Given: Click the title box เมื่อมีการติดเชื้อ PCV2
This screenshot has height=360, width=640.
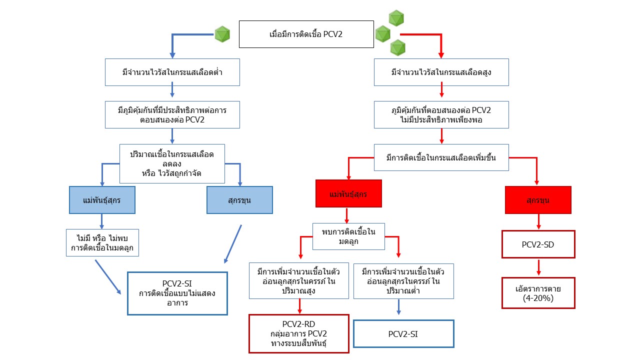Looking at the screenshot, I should point(306,34).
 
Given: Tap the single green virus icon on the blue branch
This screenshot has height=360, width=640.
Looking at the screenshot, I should point(222,34).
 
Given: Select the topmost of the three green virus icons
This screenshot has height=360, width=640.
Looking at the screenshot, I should point(396,17).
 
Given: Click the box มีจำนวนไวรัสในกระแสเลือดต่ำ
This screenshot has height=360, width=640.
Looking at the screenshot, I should point(172,72).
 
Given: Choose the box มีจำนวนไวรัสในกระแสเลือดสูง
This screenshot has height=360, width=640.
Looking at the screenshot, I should point(441,72).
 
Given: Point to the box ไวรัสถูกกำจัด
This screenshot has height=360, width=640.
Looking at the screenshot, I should point(172,164).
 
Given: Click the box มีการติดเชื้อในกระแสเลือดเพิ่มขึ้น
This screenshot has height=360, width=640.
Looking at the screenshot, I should point(441,158).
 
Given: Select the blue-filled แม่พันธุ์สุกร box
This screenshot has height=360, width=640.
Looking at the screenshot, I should point(102,200).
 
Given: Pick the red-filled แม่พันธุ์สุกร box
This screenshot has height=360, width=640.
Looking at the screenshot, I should point(348,193).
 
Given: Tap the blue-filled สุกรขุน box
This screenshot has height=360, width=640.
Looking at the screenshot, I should point(240,200).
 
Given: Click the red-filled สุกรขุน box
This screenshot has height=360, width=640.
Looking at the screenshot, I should point(538,200).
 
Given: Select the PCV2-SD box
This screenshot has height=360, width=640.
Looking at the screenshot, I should point(538,244).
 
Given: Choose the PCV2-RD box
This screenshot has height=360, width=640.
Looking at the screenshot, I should point(298,333).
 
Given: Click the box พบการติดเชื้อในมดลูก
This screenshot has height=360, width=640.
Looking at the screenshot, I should point(348,236).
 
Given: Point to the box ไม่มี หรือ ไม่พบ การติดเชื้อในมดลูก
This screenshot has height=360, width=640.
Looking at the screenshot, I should point(102,242).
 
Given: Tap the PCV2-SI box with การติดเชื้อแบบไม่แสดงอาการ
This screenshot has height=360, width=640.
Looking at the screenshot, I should point(177,293).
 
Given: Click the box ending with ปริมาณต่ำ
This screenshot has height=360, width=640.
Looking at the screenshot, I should point(403,281).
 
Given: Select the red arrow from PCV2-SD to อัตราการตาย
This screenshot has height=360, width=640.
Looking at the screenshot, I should point(538,267).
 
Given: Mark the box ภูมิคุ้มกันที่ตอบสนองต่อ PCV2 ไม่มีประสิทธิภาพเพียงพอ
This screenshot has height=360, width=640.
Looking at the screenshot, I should point(441,115).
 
